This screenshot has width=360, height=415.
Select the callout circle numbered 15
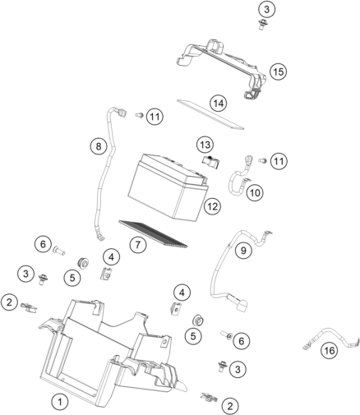pyautogui.click(x=278, y=71)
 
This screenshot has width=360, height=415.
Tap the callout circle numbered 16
pyautogui.click(x=330, y=350)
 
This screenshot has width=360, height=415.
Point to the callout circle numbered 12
pyautogui.click(x=213, y=206)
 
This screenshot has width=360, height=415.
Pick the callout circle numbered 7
pyautogui.click(x=138, y=244)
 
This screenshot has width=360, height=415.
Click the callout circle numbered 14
pyautogui.click(x=219, y=104)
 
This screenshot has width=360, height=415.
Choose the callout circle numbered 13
pyautogui.click(x=205, y=145)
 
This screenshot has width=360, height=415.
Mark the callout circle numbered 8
pyautogui.click(x=99, y=146)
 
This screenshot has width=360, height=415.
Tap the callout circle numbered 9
pyautogui.click(x=243, y=250)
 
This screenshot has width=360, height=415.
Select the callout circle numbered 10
pyautogui.click(x=255, y=193)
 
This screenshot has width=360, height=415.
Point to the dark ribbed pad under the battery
pyautogui.click(x=154, y=233)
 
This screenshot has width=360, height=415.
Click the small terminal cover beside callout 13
pyautogui.click(x=211, y=162)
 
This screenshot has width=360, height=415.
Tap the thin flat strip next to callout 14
pyautogui.click(x=210, y=114)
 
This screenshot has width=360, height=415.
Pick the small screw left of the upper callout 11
pyautogui.click(x=140, y=115)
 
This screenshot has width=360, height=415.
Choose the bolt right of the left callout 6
pyautogui.click(x=59, y=251)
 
